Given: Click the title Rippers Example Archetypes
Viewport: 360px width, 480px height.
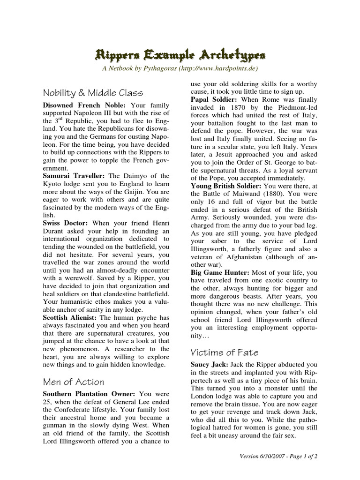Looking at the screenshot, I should (180, 56).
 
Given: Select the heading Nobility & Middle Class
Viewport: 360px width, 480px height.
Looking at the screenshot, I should (93, 92).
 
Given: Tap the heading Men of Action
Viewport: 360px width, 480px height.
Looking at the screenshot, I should (74, 382).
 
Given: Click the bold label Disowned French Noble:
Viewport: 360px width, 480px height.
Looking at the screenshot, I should (85, 105).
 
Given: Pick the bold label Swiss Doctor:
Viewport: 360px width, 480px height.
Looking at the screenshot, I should (66, 223).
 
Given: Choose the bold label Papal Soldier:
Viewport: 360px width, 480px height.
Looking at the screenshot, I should (213, 99).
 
